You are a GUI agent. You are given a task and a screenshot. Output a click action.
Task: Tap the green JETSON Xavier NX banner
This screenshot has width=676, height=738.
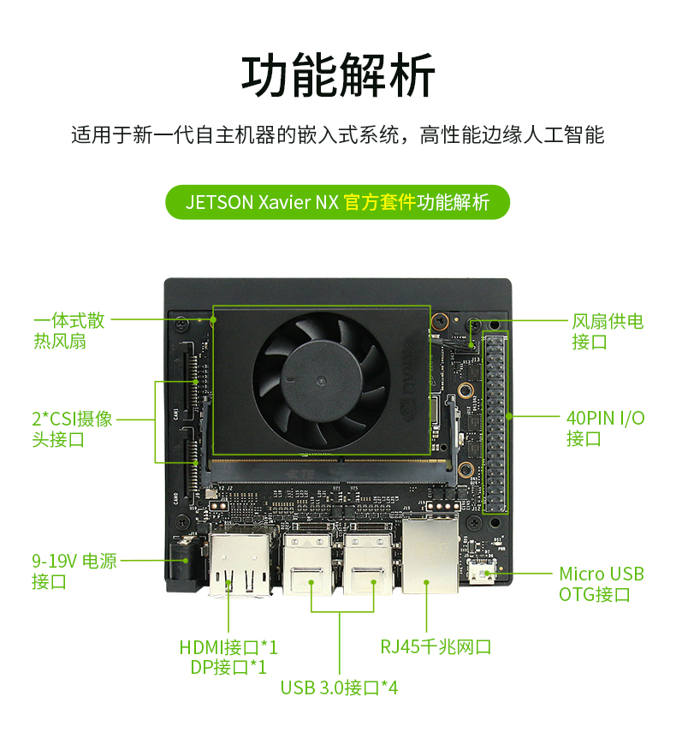[338, 203]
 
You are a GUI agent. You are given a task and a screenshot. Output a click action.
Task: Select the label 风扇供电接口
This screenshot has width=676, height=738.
[607, 331]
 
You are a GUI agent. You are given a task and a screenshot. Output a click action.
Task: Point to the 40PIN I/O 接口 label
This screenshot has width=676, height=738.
[605, 428]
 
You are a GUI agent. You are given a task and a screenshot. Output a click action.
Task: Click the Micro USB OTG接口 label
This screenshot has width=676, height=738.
[601, 584]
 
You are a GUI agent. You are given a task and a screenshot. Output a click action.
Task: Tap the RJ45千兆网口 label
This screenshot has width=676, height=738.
[436, 647]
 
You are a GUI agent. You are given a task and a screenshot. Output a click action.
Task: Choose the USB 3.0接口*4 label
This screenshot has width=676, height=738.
[339, 687]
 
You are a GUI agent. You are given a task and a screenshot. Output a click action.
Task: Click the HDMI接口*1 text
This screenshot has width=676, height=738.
[228, 646]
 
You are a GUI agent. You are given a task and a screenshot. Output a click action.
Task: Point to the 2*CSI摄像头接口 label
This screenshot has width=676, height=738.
[72, 430]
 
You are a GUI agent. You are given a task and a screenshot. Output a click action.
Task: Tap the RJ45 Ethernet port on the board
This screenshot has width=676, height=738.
[430, 558]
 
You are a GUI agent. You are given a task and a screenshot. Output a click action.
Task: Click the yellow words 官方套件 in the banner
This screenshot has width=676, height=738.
[379, 203]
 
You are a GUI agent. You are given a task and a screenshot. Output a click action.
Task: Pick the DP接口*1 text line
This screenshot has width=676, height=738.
[228, 667]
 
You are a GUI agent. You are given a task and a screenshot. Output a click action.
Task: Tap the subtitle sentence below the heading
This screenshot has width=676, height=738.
[338, 135]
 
